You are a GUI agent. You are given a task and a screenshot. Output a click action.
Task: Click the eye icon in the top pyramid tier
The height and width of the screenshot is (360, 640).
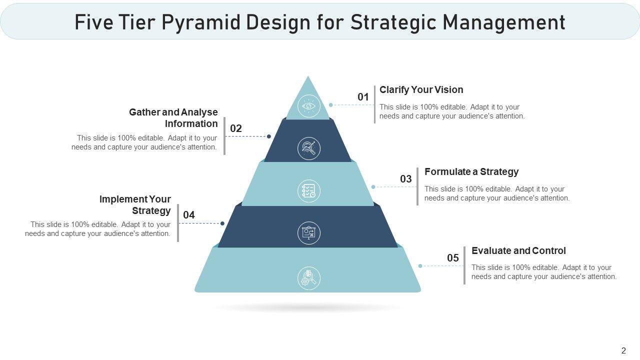[309, 106]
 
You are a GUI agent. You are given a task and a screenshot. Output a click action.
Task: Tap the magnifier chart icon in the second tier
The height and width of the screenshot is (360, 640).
[309, 148]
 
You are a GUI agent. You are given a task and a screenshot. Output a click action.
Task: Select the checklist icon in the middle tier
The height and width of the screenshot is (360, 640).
[309, 190]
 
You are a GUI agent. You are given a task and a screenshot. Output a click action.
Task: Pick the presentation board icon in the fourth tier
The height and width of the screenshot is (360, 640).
[309, 233]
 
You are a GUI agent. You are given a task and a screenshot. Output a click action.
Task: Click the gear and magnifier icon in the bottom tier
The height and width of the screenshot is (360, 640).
[309, 278]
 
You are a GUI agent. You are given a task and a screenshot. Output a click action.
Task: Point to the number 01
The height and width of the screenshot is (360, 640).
[363, 97]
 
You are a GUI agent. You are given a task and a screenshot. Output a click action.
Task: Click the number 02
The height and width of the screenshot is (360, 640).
[236, 128]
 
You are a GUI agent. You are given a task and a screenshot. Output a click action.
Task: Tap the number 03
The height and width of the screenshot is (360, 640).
[405, 179]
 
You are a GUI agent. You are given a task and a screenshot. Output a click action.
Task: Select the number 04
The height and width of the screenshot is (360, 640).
[189, 215]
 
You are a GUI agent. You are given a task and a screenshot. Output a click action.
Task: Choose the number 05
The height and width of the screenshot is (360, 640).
[453, 258]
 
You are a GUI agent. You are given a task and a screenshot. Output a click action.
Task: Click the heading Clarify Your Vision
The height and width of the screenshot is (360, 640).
[421, 89]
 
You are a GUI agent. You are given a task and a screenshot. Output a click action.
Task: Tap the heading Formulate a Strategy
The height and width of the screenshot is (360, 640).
[471, 171]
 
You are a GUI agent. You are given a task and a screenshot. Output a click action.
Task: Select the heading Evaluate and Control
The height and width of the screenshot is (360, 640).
[518, 250]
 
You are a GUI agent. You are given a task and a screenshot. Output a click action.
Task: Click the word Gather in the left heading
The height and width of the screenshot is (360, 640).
[144, 112]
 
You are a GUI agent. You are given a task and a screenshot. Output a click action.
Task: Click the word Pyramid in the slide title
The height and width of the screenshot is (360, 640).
[201, 22]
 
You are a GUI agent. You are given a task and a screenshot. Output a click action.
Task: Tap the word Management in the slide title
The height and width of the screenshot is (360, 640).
[504, 23]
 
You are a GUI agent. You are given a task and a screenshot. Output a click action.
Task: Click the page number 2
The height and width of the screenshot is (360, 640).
[623, 350]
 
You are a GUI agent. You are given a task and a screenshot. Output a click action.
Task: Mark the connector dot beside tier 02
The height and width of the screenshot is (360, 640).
[269, 136]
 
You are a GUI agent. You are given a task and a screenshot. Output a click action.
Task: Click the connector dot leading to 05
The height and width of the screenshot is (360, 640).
[420, 266]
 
